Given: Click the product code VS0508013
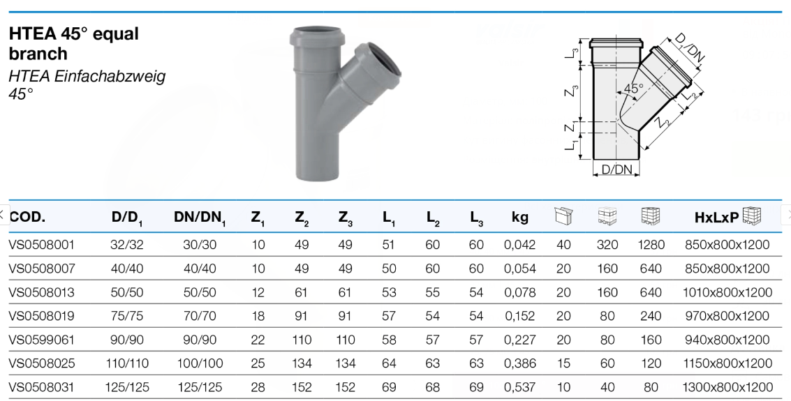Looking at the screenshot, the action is [41, 292].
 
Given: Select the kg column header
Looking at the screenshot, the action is [519, 217].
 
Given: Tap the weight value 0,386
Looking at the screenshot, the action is [519, 363].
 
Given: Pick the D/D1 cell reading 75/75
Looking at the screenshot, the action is [126, 316].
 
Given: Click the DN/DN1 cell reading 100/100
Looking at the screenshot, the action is [200, 363].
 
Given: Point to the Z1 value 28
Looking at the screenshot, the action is [258, 387].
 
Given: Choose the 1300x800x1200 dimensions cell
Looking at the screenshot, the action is [727, 387].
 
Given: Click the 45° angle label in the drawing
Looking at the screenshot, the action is [634, 88].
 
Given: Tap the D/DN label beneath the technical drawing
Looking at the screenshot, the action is [616, 169].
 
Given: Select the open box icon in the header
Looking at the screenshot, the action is [563, 215].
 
